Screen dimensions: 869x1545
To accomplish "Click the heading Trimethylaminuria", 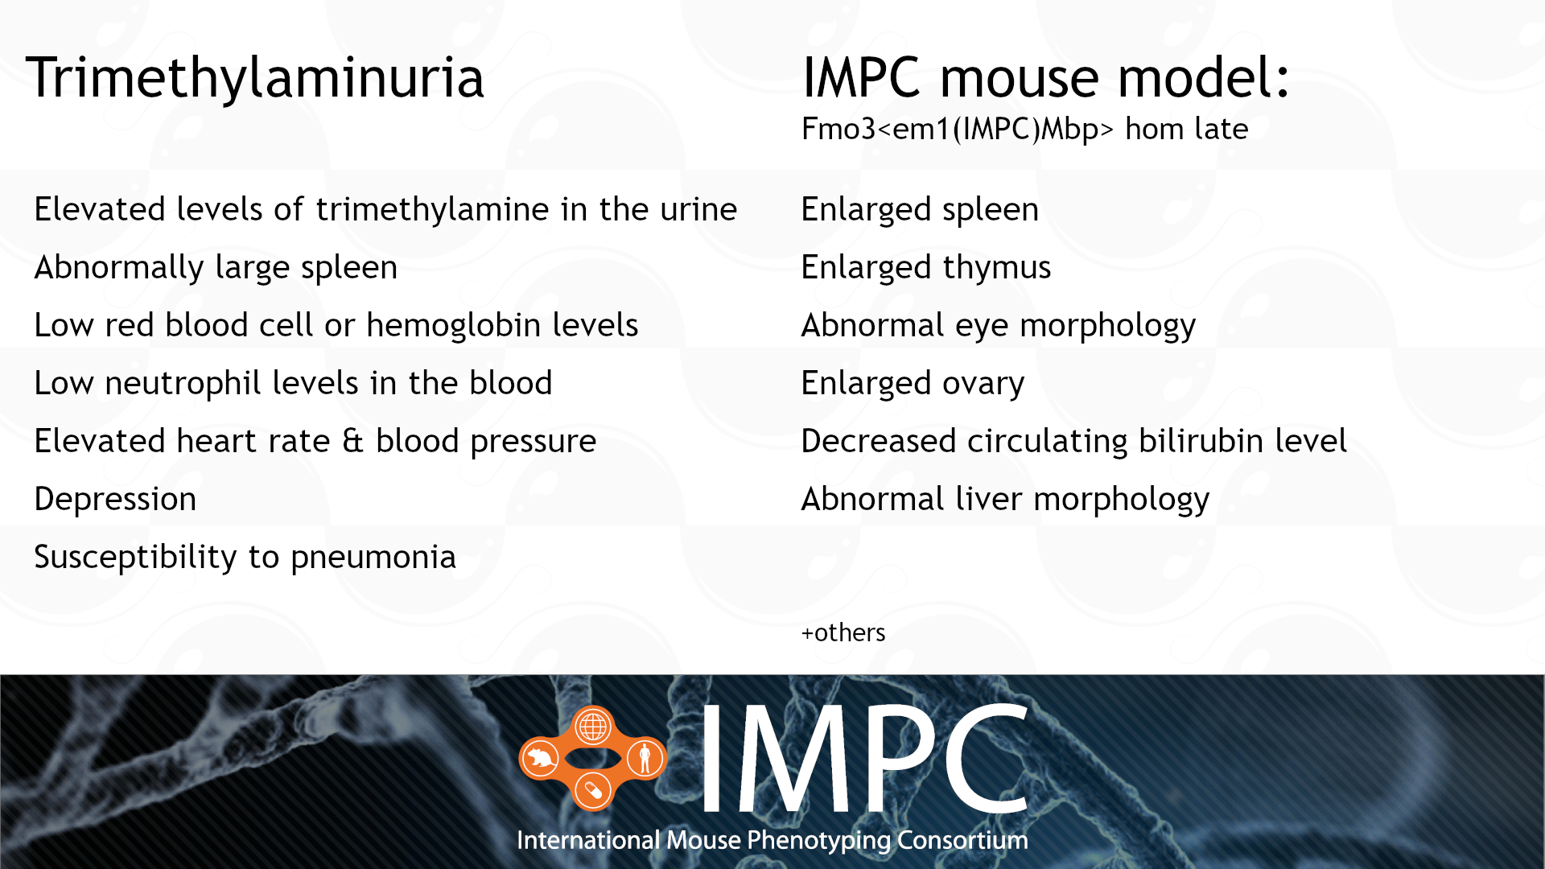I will click(x=254, y=78).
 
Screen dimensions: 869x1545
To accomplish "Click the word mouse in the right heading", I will click(x=1019, y=78).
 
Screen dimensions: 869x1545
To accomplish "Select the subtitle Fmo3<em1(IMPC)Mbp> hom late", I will click(x=1024, y=129).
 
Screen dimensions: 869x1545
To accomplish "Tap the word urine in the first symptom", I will click(x=698, y=210).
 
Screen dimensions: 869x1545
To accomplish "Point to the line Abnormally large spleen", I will click(x=216, y=268).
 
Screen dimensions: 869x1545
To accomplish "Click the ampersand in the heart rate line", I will click(x=352, y=442).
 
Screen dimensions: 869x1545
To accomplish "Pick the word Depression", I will click(x=115, y=500).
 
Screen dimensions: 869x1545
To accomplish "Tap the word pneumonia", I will click(x=373, y=558).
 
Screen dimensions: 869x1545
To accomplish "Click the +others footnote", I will click(x=843, y=633).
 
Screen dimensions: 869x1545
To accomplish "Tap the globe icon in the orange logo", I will click(x=593, y=727).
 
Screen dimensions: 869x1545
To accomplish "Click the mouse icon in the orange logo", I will click(x=541, y=759).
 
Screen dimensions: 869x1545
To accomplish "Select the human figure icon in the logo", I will click(x=645, y=758).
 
